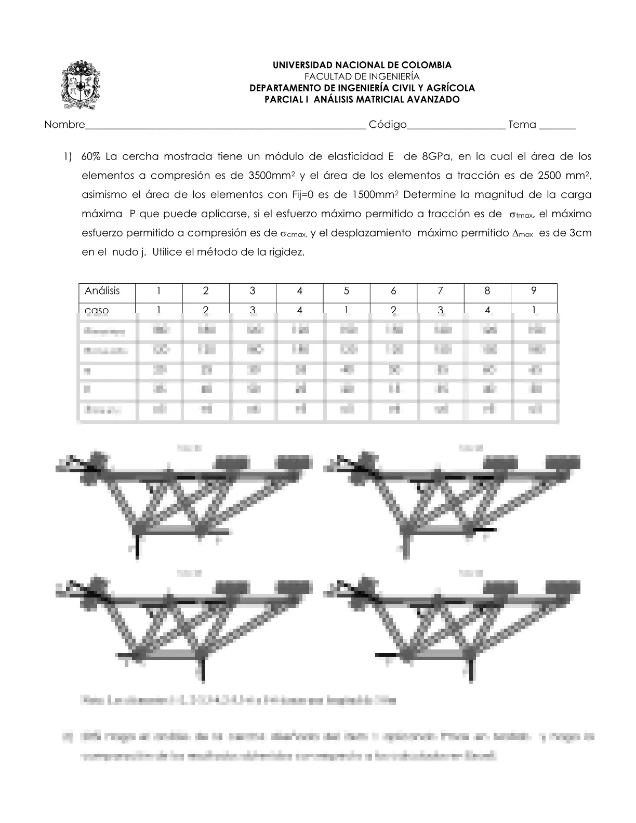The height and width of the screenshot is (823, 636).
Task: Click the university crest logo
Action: [x=81, y=84]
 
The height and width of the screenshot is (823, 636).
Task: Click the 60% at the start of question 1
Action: [x=91, y=156]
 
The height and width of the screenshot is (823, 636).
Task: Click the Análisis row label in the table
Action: [x=102, y=291]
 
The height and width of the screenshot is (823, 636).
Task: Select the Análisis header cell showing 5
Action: [x=347, y=291]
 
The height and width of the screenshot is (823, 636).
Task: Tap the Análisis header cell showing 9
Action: [x=534, y=291]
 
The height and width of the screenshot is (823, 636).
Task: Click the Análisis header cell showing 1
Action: [x=159, y=291]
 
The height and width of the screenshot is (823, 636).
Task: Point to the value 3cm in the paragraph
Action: [x=580, y=233]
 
